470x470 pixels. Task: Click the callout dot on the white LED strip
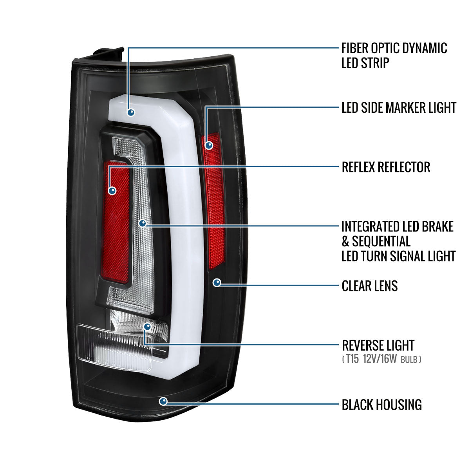[131, 112]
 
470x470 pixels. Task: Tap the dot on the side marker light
[209, 145]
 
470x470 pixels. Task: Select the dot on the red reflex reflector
[112, 191]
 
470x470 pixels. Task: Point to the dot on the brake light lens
[143, 223]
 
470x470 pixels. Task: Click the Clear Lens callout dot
[217, 282]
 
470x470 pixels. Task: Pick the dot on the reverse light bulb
[147, 326]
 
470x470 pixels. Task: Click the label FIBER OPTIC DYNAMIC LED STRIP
[394, 55]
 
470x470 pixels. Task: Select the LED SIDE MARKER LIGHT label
[398, 108]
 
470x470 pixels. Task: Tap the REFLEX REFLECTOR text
[386, 167]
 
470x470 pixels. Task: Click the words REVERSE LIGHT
[378, 345]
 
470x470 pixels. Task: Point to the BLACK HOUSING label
[381, 405]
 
